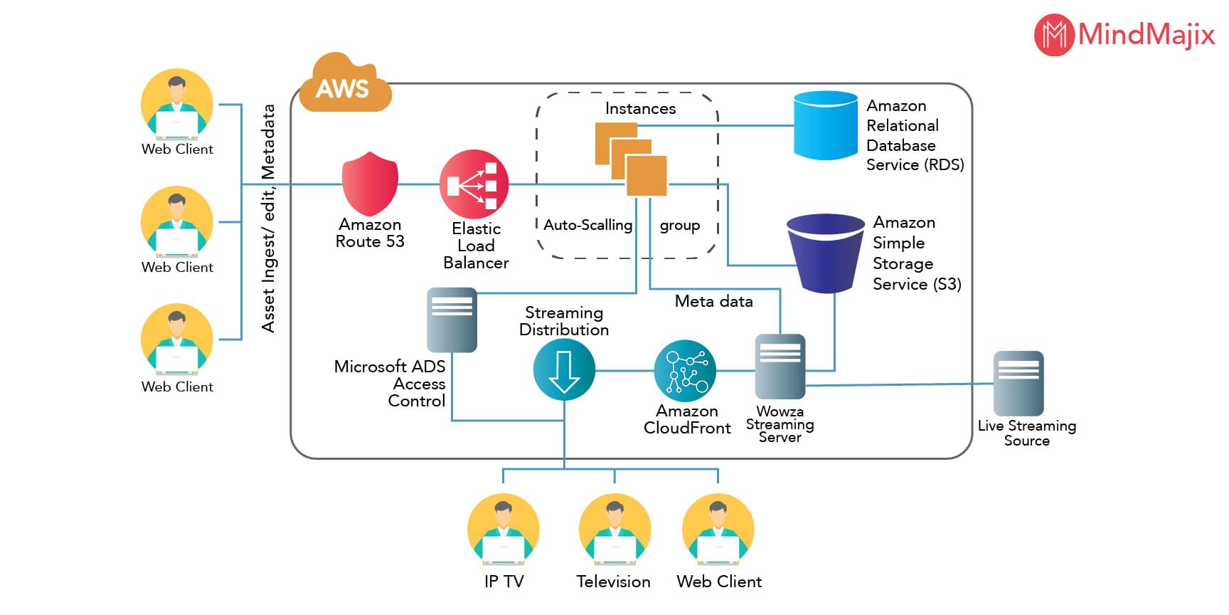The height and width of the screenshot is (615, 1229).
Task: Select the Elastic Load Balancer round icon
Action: click(474, 184)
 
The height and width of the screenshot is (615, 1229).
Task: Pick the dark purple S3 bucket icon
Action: click(825, 253)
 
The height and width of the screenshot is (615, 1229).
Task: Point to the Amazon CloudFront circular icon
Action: click(685, 370)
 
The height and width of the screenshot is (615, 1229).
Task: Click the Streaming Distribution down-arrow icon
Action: click(564, 370)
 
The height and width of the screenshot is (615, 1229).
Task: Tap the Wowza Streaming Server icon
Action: click(780, 366)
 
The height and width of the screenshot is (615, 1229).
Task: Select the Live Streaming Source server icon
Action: click(1018, 383)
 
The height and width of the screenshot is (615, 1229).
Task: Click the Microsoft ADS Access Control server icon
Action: click(452, 320)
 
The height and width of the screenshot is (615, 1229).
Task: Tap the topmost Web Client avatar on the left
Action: click(177, 104)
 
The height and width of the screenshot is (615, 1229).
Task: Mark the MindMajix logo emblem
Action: click(1053, 34)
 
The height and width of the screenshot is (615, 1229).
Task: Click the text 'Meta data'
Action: click(713, 301)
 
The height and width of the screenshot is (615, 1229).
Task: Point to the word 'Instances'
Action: click(640, 108)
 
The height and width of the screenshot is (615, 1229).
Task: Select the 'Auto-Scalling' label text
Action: click(587, 225)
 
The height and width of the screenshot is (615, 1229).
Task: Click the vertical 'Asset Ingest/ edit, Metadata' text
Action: click(268, 218)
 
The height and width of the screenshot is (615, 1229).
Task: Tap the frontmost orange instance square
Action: click(647, 176)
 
